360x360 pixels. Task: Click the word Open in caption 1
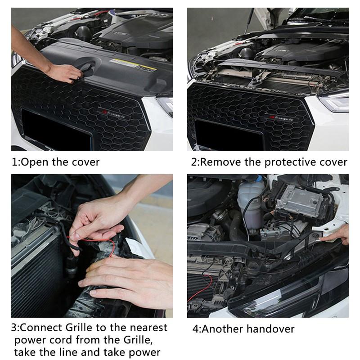[35, 162]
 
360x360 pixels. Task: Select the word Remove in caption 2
[220, 162]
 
